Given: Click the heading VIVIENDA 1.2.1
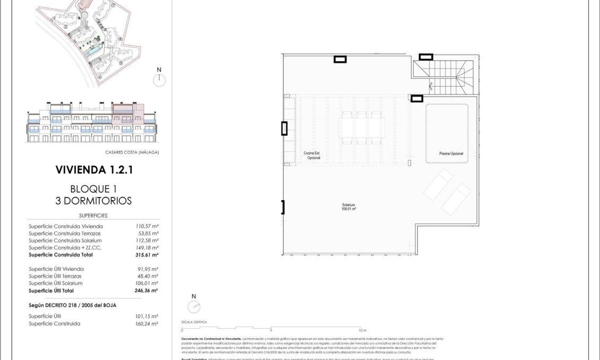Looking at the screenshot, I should pyautogui.click(x=93, y=170).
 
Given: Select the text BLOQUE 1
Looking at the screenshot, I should pyautogui.click(x=93, y=189).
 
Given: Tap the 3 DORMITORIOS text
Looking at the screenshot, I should pyautogui.click(x=93, y=201).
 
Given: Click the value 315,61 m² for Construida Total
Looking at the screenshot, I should pyautogui.click(x=147, y=255).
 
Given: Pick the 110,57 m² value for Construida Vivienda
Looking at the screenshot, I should pyautogui.click(x=147, y=226).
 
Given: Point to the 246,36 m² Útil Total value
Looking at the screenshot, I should pyautogui.click(x=147, y=290).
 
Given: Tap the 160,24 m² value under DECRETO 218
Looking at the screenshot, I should pyautogui.click(x=147, y=323).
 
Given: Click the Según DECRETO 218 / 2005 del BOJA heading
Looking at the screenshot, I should pyautogui.click(x=72, y=305).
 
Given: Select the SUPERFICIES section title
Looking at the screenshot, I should pyautogui.click(x=93, y=216).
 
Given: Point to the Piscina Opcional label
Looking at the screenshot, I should pyautogui.click(x=451, y=153).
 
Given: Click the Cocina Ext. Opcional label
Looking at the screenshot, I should pyautogui.click(x=312, y=156).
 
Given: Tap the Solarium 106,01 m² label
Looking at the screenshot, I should pyautogui.click(x=348, y=207).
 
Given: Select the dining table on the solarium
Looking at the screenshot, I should pyautogui.click(x=362, y=127).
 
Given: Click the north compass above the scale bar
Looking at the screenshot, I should pyautogui.click(x=194, y=306).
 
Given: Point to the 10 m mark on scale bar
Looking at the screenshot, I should pyautogui.click(x=361, y=330).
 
